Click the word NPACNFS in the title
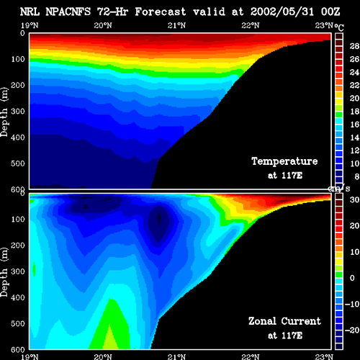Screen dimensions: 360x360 tap(68, 12)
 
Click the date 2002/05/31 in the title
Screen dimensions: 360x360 tap(282, 12)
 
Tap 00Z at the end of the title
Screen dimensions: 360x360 tap(330, 12)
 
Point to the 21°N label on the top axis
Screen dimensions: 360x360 tap(176, 25)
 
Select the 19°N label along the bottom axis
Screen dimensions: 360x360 tap(30, 356)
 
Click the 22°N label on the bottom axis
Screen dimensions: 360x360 tap(251, 356)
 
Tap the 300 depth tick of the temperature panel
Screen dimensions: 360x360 tap(18, 112)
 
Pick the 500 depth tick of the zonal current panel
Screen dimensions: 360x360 tap(18, 323)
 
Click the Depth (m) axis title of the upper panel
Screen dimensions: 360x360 tap(4, 112)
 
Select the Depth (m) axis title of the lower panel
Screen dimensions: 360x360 tap(4, 272)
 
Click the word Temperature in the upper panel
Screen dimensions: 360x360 tap(284, 161)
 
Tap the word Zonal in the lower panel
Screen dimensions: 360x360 tap(262, 321)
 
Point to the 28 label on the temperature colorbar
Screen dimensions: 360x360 tap(354, 46)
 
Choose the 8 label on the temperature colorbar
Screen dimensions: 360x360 tap(356, 176)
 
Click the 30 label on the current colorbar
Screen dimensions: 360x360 tap(354, 199)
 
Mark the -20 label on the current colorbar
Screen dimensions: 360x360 tap(352, 330)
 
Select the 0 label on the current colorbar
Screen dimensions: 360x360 tap(352, 278)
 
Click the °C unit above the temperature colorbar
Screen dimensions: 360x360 tap(339, 27)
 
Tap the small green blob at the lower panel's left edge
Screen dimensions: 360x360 tap(34, 269)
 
